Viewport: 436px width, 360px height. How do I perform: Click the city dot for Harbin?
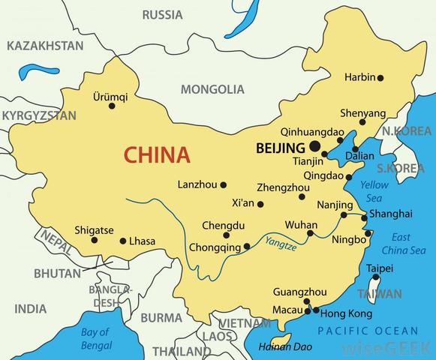click(380, 78)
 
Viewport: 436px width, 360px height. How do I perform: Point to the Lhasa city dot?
click(123, 241)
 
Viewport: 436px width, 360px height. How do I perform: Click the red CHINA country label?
click(156, 155)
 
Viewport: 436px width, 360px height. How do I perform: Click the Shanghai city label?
click(391, 214)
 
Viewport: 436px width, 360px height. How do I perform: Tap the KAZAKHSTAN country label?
click(44, 46)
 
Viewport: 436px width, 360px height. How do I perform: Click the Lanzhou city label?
click(197, 184)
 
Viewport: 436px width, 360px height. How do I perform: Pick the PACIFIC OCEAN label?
click(368, 331)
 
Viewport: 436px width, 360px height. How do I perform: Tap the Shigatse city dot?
click(95, 240)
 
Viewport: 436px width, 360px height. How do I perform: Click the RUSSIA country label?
click(162, 14)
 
